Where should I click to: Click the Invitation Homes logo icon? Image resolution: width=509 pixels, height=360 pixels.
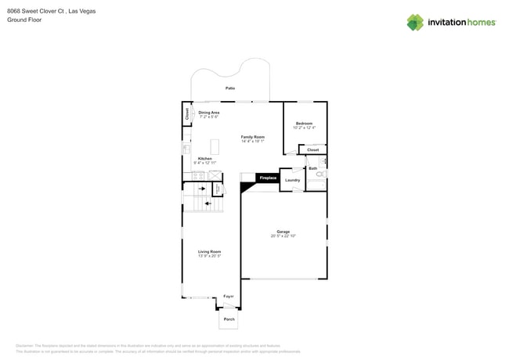point(415,22)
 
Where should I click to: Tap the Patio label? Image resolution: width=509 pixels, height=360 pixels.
point(230,88)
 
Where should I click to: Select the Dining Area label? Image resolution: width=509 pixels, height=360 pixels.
point(209,113)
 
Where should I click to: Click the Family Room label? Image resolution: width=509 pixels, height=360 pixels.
point(252,137)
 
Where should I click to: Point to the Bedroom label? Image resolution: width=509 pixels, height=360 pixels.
point(304,124)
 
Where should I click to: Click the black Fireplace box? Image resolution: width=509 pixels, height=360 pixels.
point(268,178)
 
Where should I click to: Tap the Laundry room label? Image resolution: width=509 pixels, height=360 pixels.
point(292,180)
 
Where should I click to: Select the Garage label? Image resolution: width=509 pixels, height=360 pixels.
point(283,232)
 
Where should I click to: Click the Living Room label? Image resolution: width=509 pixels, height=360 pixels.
point(209,251)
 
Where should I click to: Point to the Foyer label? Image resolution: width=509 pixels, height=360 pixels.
point(229,297)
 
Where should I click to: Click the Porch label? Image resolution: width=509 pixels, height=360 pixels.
point(229,319)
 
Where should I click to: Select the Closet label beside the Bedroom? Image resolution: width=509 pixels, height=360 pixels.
point(312,149)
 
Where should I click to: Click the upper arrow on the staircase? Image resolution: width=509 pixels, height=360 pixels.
point(201,189)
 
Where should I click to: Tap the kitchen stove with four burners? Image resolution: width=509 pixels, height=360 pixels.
point(199,176)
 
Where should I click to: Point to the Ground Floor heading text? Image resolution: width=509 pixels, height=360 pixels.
point(24,20)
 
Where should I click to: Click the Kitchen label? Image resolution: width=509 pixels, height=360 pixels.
point(204,158)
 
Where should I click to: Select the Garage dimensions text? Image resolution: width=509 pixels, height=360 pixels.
point(283,236)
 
